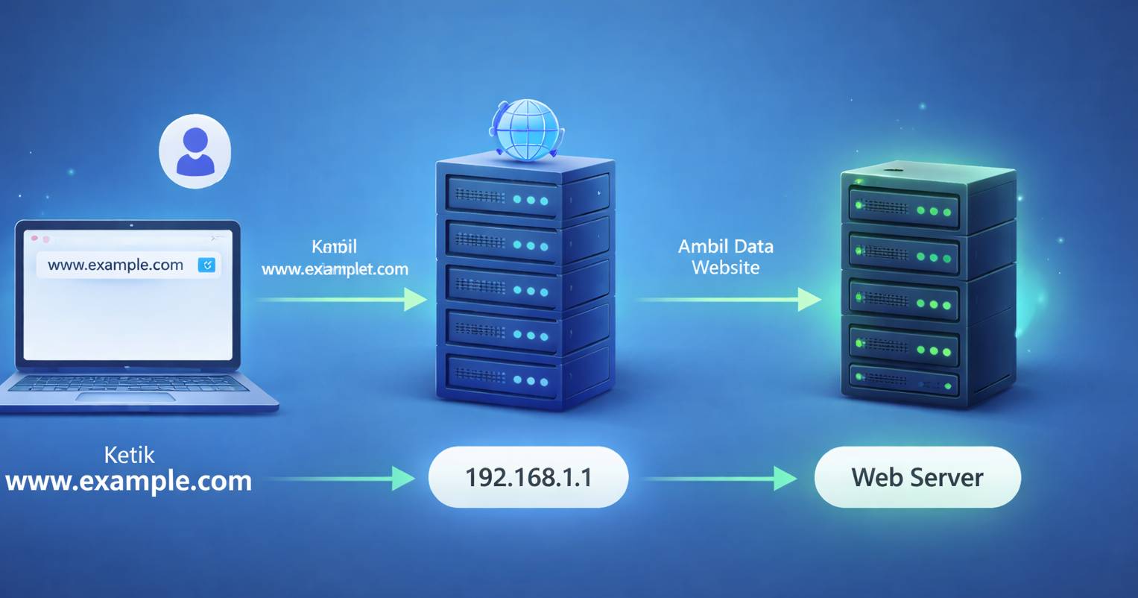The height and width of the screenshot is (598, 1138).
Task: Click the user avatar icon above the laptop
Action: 195,151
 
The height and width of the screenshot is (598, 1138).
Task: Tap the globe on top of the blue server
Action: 527,130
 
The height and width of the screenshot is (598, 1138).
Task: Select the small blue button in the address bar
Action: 206,265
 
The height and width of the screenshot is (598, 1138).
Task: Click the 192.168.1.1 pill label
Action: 528,477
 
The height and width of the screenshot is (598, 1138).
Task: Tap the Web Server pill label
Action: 917,477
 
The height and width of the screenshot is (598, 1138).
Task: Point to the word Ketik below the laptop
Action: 129,455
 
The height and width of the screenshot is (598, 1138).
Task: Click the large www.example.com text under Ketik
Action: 128,481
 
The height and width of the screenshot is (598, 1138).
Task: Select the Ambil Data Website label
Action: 725,256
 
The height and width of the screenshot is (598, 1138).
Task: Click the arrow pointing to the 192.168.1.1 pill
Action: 339,478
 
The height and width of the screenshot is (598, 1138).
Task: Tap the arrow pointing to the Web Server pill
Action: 719,478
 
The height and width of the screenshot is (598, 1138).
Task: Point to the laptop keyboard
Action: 127,383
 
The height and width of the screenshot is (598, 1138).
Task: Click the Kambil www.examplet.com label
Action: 335,258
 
